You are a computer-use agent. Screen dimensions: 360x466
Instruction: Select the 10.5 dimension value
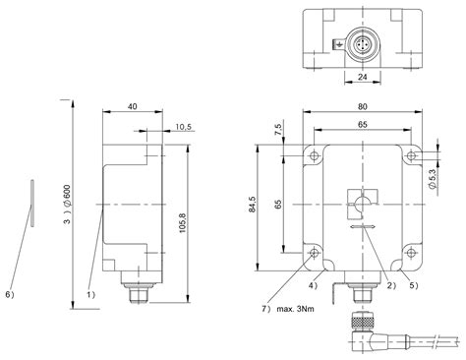(182, 127)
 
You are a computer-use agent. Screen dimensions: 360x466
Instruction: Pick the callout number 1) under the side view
(90, 293)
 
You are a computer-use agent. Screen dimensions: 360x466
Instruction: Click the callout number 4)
(311, 284)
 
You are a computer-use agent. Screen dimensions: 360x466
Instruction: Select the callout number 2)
(388, 284)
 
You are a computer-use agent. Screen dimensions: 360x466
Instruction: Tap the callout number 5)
(415, 284)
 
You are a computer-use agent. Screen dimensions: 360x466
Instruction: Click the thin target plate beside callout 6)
(31, 204)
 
